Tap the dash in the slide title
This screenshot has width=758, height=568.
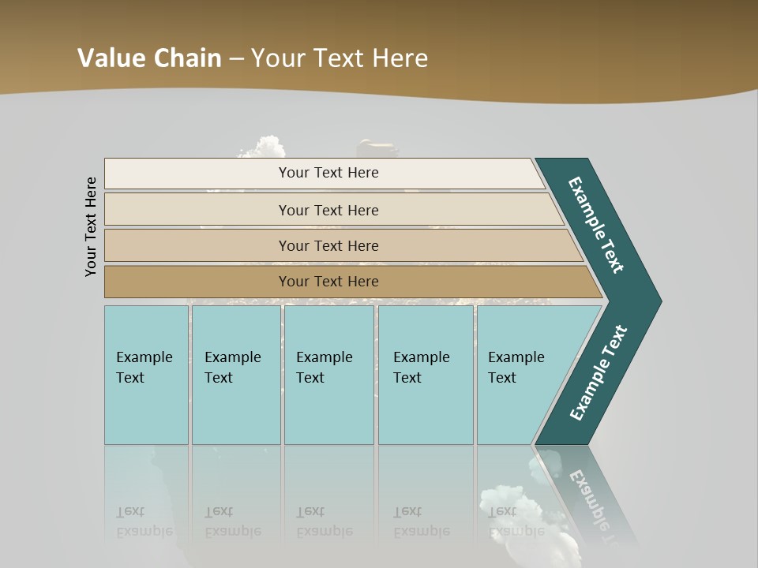236,59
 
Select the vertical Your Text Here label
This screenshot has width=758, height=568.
91,226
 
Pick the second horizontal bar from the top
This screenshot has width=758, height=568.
328,210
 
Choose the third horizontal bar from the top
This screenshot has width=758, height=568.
328,245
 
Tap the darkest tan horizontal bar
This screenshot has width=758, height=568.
328,282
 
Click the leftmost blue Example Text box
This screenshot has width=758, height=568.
146,375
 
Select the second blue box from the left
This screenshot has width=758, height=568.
235,375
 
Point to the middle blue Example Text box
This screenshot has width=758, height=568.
328,375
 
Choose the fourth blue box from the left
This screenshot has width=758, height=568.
425,375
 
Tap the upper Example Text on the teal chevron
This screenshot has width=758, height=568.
597,224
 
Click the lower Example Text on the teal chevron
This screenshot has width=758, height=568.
599,373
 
